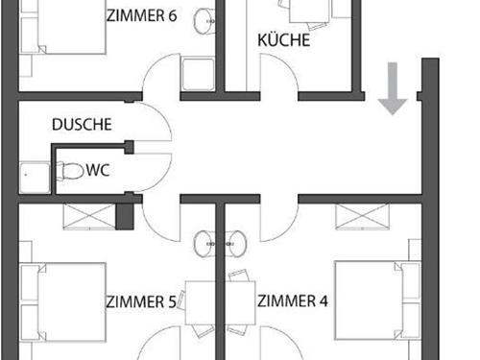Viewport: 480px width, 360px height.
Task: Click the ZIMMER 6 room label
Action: coord(143,14)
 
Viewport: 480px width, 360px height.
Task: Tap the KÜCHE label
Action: coord(282,40)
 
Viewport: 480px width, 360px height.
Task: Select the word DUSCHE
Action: coord(83,125)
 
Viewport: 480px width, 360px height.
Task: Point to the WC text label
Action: coord(97,171)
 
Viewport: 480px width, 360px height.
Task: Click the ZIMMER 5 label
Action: coord(140,301)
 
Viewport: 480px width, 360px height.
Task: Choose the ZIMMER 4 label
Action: coord(293,301)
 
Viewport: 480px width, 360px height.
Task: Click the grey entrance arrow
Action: coord(392,88)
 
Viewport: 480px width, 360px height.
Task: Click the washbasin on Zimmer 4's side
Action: coord(235,245)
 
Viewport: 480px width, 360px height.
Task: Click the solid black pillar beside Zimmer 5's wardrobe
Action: coord(123,216)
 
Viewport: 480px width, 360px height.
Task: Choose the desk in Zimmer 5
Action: coord(199,303)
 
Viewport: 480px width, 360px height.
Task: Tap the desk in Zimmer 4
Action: coord(240,303)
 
